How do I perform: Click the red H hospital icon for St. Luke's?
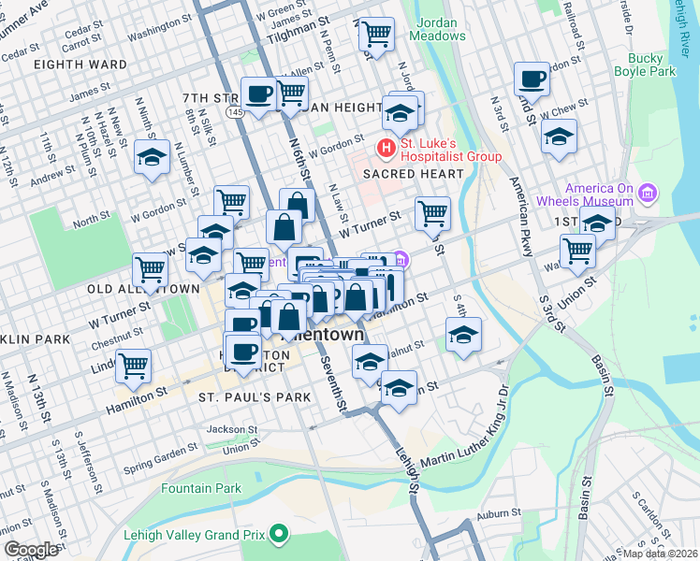pyautogui.click(x=384, y=148)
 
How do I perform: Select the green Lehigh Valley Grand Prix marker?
pyautogui.click(x=277, y=535)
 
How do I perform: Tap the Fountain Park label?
pyautogui.click(x=200, y=488)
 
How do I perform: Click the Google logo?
pyautogui.click(x=32, y=550)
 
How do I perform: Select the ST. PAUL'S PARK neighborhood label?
pyautogui.click(x=241, y=397)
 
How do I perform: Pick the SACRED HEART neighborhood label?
pyautogui.click(x=413, y=174)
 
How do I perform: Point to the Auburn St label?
pyautogui.click(x=497, y=512)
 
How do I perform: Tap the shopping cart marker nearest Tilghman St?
pyautogui.click(x=375, y=35)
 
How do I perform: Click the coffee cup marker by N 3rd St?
pyautogui.click(x=532, y=79)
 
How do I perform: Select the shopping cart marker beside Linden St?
pyautogui.click(x=135, y=365)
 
